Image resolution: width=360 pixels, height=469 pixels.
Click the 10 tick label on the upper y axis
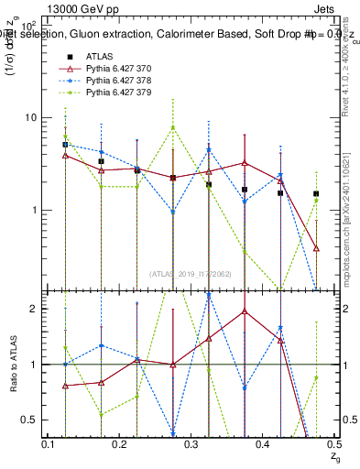[x=29, y=117]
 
